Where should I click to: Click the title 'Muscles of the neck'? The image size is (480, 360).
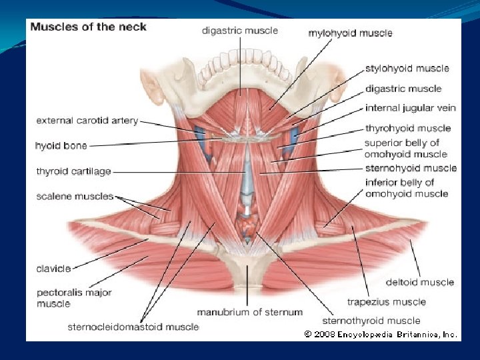point(88,27)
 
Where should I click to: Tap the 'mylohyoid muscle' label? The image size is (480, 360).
point(350,33)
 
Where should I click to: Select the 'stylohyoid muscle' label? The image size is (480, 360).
point(407,68)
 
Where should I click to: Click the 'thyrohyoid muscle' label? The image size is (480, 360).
point(408,128)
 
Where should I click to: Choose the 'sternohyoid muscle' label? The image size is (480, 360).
point(411,168)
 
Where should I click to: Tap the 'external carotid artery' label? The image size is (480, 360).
point(87,121)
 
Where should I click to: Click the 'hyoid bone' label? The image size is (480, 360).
point(61,145)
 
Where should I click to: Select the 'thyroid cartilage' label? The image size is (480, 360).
point(74,171)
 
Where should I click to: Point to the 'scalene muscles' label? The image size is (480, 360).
point(75,197)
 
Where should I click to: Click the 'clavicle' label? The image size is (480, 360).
point(53,269)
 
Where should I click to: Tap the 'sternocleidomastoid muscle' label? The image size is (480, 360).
point(133,327)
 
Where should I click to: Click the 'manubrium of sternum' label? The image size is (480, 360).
point(249,312)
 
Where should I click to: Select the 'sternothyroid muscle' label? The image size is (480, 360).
point(371,321)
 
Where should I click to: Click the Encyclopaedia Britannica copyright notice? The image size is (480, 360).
point(381,334)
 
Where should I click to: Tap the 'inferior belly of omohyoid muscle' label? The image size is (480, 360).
point(407,188)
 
